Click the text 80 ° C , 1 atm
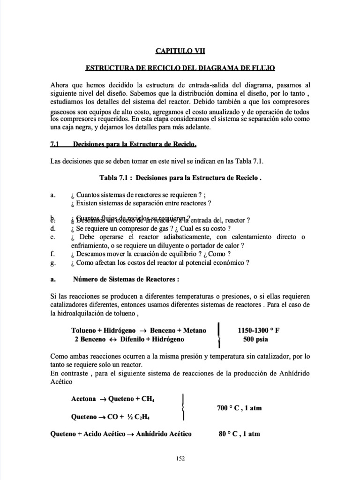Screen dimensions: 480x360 point(239,434)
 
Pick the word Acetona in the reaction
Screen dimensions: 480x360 point(83,399)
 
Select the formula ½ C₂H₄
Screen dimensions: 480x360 point(145,417)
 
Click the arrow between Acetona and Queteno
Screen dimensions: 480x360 point(102,400)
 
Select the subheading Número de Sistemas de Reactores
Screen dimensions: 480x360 point(126,279)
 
